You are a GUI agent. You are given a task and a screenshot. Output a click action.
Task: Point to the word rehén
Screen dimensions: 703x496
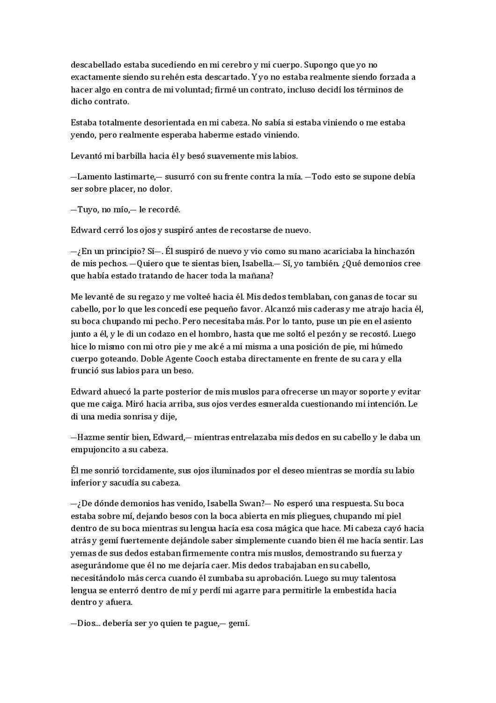(186, 77)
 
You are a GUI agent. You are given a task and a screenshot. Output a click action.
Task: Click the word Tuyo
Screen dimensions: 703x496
(86, 209)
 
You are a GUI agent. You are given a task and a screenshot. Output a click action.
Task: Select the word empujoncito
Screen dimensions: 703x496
(97, 449)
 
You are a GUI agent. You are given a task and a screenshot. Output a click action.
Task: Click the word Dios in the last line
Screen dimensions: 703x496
(86, 623)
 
